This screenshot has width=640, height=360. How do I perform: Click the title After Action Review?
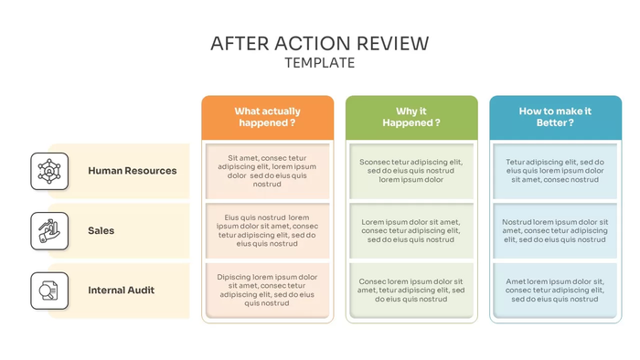click(319, 43)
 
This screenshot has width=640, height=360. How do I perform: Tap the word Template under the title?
click(319, 63)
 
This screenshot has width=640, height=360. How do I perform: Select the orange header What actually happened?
click(267, 117)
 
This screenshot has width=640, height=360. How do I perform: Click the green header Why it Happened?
click(411, 117)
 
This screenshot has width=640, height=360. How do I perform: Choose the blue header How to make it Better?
click(555, 117)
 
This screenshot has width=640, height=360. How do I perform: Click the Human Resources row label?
click(133, 171)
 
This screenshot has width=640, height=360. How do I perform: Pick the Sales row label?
click(101, 231)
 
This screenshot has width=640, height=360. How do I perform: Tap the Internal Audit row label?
click(122, 291)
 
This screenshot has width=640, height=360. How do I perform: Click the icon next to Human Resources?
click(49, 171)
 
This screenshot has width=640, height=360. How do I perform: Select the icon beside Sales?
click(49, 231)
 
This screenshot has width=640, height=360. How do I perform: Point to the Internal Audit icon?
click(49, 291)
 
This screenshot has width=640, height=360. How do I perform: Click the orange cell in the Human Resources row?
click(267, 171)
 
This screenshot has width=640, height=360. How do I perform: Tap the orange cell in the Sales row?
click(267, 231)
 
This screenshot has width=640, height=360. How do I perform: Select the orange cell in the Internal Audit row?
click(267, 291)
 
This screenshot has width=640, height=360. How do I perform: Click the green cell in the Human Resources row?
click(411, 171)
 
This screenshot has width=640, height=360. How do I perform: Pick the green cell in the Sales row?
click(411, 231)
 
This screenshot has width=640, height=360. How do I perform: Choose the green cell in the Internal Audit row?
click(411, 291)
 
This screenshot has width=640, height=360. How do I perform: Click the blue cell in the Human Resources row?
click(555, 171)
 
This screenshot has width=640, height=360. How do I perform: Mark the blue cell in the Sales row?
click(555, 231)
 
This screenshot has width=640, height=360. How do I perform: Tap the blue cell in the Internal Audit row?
click(555, 291)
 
